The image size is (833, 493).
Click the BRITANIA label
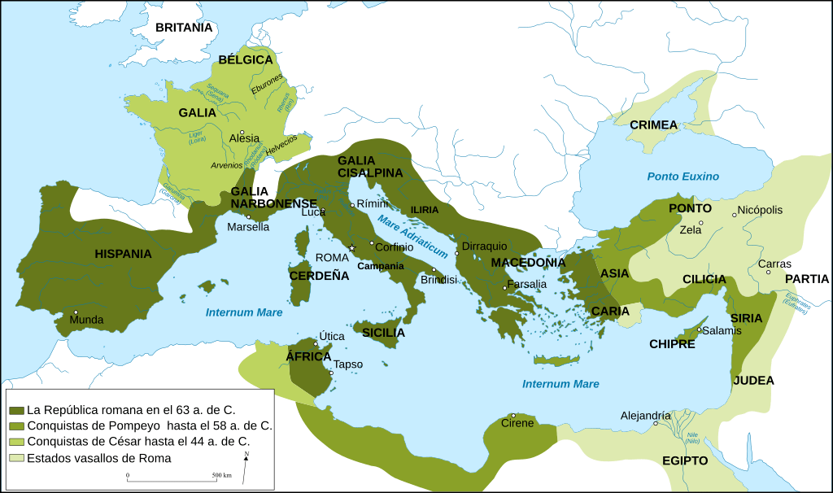point(184,28)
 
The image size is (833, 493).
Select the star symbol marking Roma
point(352,248)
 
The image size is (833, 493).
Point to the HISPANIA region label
point(123,254)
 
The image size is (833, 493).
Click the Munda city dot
point(76,312)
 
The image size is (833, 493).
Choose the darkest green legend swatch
point(15,408)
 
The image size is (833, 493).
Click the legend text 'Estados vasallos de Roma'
point(99,458)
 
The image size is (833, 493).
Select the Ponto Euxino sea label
point(683,177)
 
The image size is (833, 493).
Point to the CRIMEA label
point(653,124)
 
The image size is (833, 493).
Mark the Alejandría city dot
point(655,423)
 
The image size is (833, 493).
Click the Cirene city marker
point(513,415)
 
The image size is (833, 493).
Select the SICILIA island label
point(383,333)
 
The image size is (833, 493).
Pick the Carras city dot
point(769,272)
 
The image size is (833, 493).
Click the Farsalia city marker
point(505,287)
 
